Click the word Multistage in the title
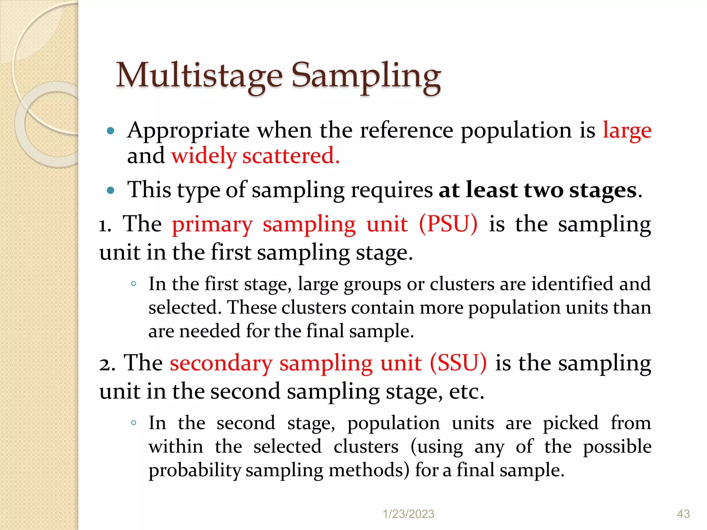199,76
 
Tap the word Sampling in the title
366,77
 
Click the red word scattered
291,156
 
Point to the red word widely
204,156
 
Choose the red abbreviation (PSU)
448,224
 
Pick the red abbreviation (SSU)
458,363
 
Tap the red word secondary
221,363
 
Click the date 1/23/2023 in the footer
408,514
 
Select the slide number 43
683,514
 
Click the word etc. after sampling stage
467,392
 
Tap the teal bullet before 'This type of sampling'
110,190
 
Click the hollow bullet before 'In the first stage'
134,284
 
